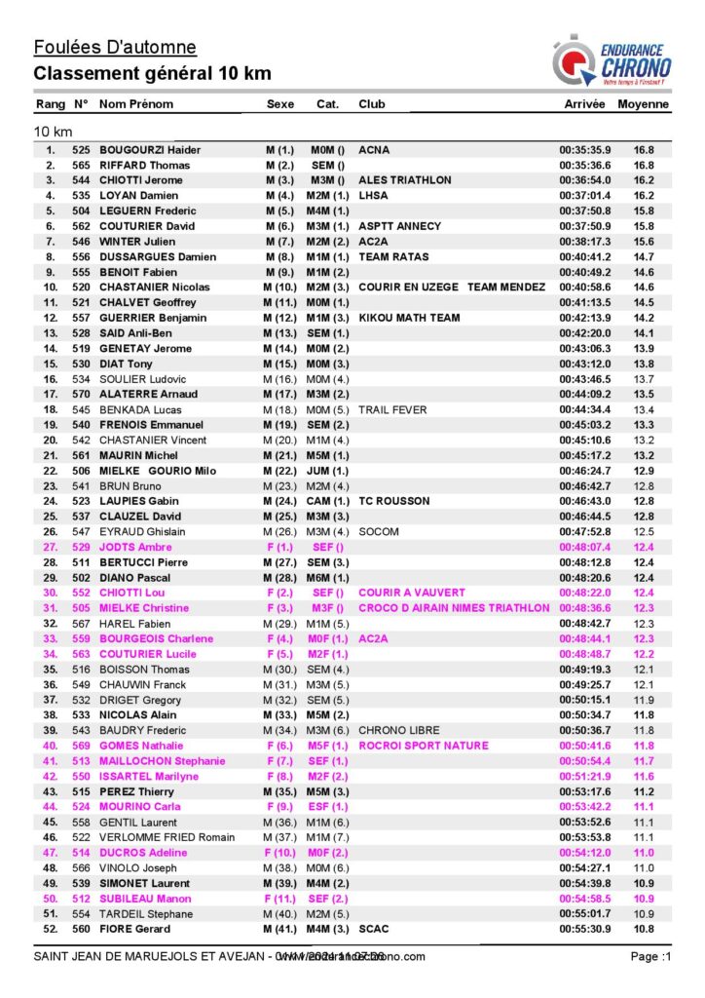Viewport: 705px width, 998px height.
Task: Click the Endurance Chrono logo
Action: [x=611, y=60]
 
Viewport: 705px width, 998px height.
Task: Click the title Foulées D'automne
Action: [x=115, y=47]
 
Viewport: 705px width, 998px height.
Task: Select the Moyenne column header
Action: [x=643, y=104]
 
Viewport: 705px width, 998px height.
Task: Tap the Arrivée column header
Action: [x=584, y=104]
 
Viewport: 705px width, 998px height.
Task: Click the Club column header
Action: [x=372, y=104]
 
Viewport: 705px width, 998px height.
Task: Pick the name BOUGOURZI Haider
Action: [x=150, y=150]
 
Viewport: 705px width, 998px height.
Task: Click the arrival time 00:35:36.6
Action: [x=584, y=166]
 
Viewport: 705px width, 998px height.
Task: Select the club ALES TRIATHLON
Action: [x=405, y=180]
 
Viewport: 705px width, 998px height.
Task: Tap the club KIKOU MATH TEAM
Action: [x=409, y=318]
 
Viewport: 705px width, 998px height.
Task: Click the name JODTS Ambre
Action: [x=134, y=548]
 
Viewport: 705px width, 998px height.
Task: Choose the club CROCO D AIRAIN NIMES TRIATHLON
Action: [x=454, y=608]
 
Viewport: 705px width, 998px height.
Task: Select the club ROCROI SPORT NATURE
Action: [x=424, y=746]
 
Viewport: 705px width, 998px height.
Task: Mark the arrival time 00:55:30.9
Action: [x=584, y=929]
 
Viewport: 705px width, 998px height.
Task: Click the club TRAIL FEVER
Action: [x=392, y=409]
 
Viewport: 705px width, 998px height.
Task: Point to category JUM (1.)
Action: [x=328, y=471]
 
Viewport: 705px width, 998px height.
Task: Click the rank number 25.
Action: [x=51, y=517]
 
